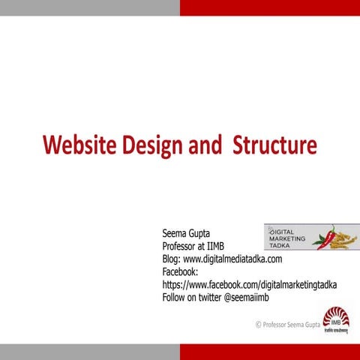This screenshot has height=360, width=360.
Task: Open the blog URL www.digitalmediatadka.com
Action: click(232, 259)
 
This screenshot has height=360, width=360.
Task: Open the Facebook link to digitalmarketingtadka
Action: click(249, 285)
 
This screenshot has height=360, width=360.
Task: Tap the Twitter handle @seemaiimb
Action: click(246, 297)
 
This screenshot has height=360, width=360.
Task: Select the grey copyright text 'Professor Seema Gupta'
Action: click(292, 325)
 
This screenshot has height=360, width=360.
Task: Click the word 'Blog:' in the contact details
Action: click(172, 259)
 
